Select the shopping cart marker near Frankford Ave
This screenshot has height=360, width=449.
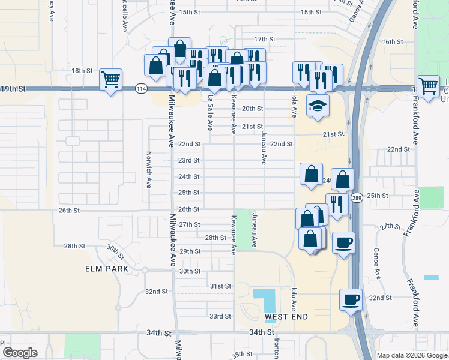[428, 86]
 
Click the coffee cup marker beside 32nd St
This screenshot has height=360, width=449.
[351, 299]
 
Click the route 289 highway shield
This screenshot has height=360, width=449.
[357, 197]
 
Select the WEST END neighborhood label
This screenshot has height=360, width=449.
[286, 316]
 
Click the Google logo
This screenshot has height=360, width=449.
[19, 353]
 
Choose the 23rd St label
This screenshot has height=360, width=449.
[189, 160]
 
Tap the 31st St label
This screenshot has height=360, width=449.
[220, 286]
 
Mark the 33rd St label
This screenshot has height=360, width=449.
[220, 316]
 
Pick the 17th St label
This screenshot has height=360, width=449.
[264, 39]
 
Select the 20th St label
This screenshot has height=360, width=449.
[252, 109]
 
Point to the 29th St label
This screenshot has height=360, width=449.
[189, 251]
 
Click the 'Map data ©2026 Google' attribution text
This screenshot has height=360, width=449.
[411, 355]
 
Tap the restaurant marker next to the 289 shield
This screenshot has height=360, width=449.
[337, 203]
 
